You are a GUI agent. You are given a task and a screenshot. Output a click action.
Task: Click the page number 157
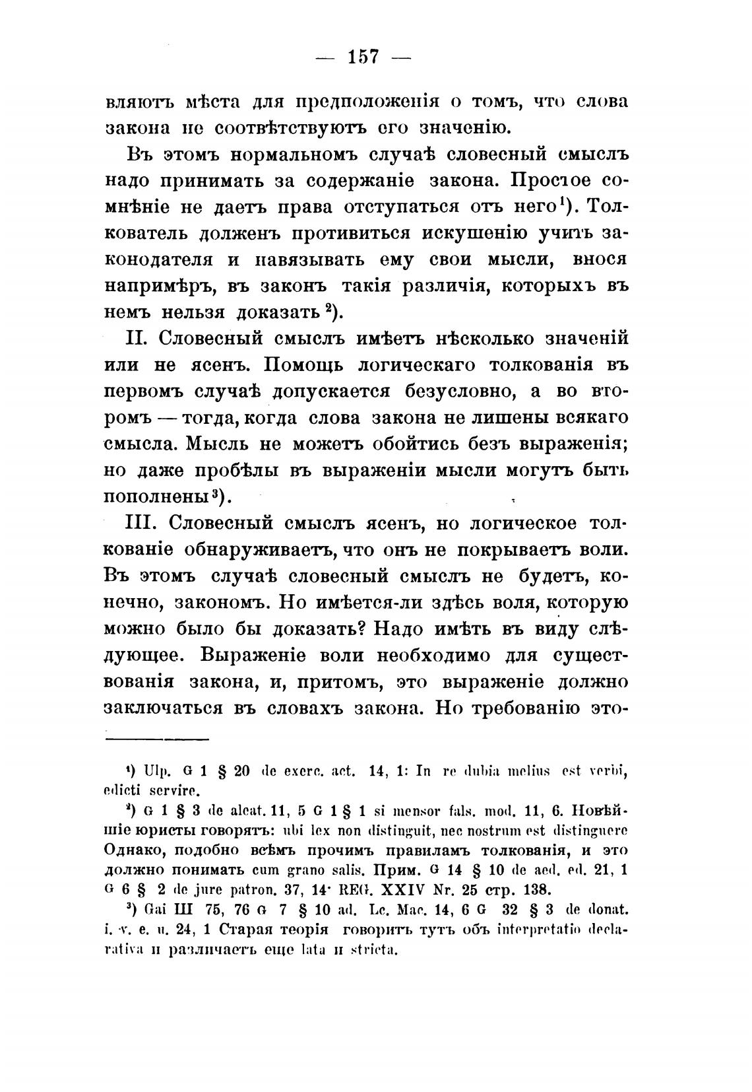point(363,57)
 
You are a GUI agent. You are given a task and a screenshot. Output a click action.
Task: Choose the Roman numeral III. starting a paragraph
point(143,523)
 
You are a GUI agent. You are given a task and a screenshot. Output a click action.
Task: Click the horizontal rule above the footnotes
point(156,739)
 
